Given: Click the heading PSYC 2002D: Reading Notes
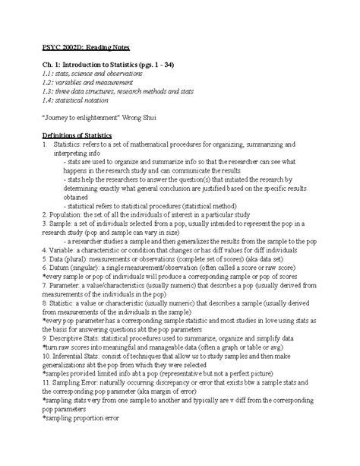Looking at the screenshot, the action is (x=81, y=47).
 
